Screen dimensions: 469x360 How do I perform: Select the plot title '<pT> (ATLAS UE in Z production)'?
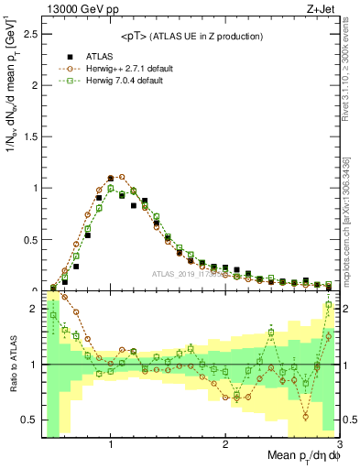coord(191,36)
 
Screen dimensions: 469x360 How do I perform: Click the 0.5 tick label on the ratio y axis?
coord(29,420)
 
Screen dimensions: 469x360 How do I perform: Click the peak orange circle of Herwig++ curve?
coord(122,177)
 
